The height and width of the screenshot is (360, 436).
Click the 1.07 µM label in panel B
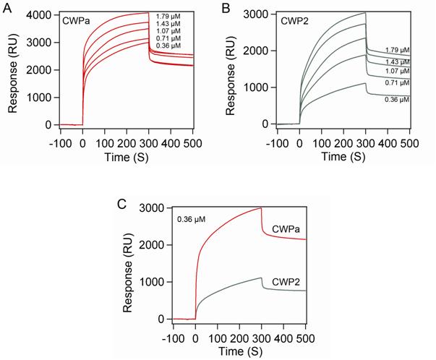395,71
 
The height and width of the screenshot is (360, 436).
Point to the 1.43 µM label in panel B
395,61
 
